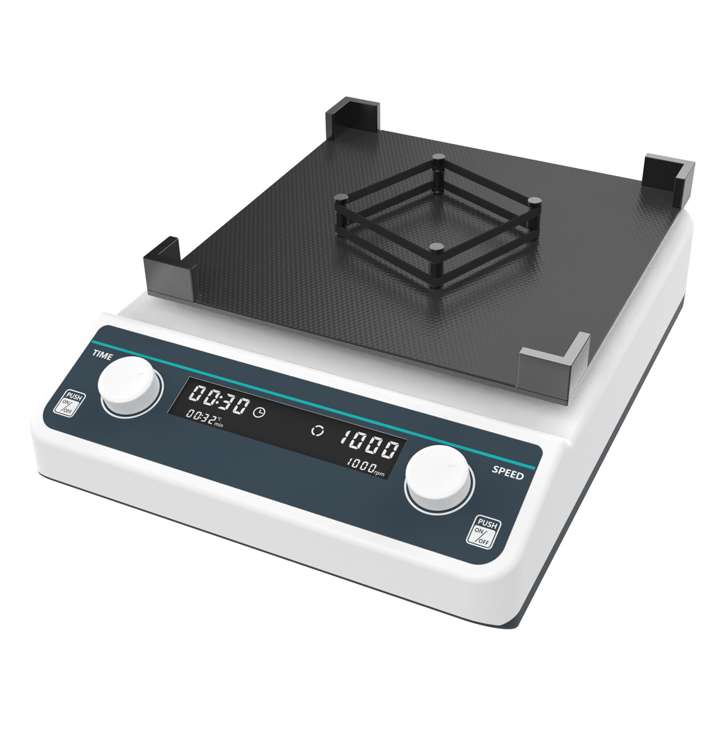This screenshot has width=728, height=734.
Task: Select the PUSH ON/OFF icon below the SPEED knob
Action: (483, 531)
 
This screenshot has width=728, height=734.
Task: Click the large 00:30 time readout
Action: (218, 400)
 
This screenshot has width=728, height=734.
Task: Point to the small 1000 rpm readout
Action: (366, 468)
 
